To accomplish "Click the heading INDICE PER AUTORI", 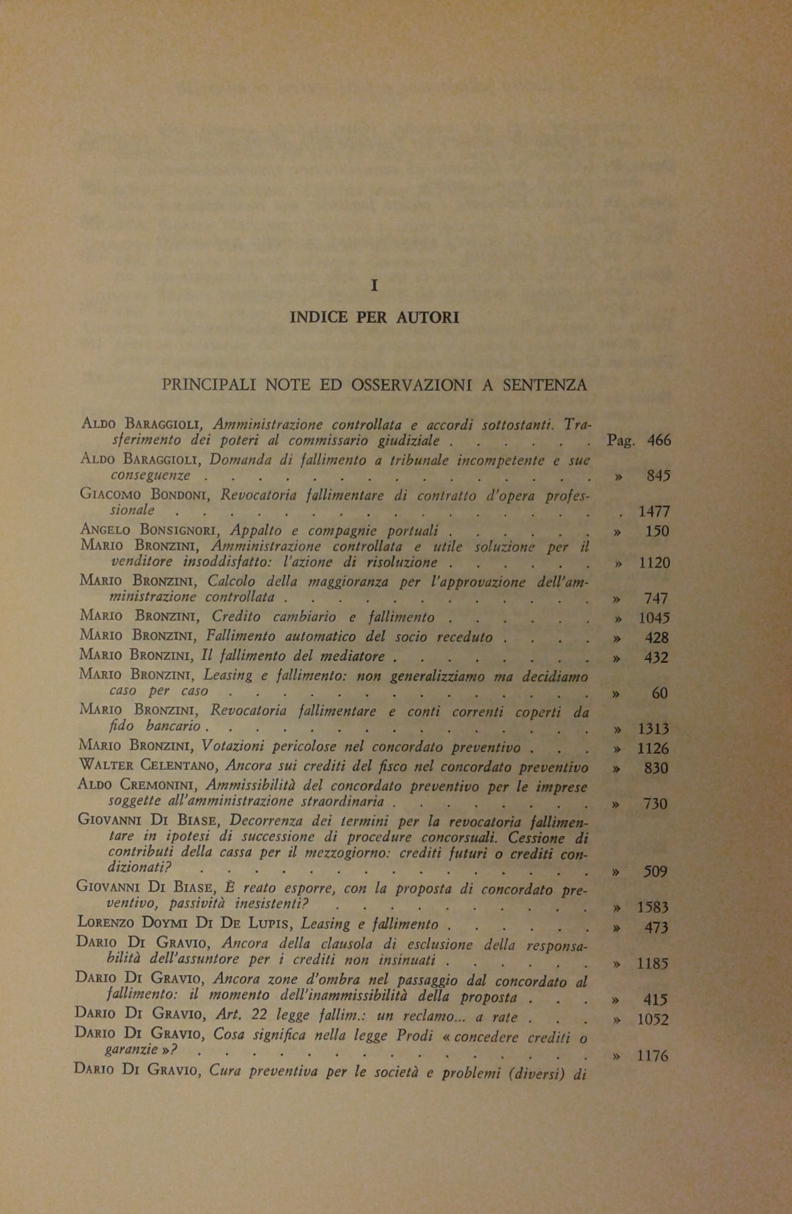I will pyautogui.click(x=374, y=317).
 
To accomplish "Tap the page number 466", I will pyautogui.click(x=659, y=441).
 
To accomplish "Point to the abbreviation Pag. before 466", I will pyautogui.click(x=621, y=441).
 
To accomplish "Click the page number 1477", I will pyautogui.click(x=654, y=511).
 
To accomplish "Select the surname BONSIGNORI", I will pyautogui.click(x=182, y=531).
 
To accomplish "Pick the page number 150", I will pyautogui.click(x=657, y=532).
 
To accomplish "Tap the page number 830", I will pyautogui.click(x=656, y=768).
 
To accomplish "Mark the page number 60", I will pyautogui.click(x=660, y=694).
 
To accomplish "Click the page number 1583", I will pyautogui.click(x=653, y=908).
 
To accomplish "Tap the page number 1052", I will pyautogui.click(x=653, y=1020).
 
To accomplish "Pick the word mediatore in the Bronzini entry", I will pyautogui.click(x=355, y=657).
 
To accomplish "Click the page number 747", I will pyautogui.click(x=656, y=598).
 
